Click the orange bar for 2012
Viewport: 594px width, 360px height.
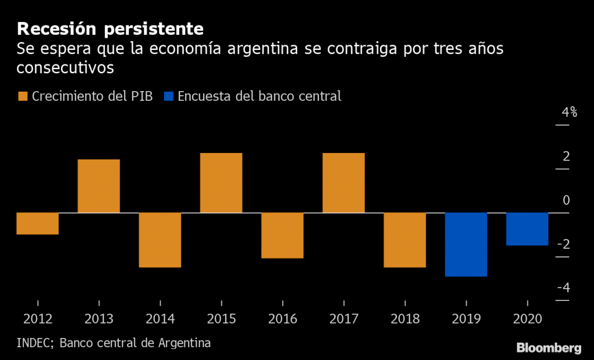pyautogui.click(x=38, y=224)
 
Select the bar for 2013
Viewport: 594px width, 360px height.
pyautogui.click(x=99, y=186)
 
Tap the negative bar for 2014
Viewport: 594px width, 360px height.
pyautogui.click(x=160, y=240)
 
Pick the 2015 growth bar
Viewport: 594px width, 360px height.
pyautogui.click(x=221, y=183)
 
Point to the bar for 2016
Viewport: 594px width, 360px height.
pyautogui.click(x=282, y=235)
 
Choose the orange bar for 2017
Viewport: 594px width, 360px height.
pyautogui.click(x=343, y=183)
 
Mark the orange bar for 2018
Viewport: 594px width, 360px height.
pyautogui.click(x=405, y=240)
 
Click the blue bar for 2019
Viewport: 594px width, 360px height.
pyautogui.click(x=466, y=245)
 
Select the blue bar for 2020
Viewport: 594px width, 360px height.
pyautogui.click(x=527, y=229)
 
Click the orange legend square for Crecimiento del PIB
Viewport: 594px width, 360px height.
pyautogui.click(x=23, y=96)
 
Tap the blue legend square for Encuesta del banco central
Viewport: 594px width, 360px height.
pyautogui.click(x=169, y=96)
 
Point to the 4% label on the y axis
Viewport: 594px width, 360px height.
pyautogui.click(x=569, y=112)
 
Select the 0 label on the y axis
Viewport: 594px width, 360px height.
pyautogui.click(x=566, y=201)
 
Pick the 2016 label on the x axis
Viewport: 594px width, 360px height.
pyautogui.click(x=282, y=319)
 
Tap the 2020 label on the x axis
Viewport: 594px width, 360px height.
pyautogui.click(x=527, y=319)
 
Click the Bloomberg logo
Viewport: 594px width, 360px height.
pyautogui.click(x=549, y=348)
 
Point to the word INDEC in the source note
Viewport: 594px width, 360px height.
pyautogui.click(x=34, y=343)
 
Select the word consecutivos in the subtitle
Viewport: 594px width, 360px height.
pyautogui.click(x=65, y=68)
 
